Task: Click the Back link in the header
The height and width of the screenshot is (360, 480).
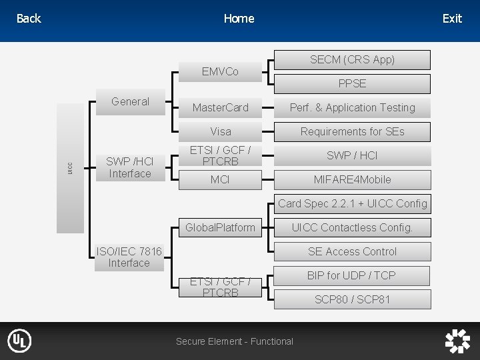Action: click(x=29, y=19)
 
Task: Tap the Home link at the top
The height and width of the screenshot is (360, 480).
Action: click(x=239, y=19)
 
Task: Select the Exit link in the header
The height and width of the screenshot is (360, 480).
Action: click(x=452, y=19)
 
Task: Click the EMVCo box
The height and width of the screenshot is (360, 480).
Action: click(x=220, y=71)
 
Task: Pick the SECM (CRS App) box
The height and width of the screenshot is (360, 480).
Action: click(x=352, y=59)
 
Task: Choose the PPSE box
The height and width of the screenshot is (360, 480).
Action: click(x=352, y=83)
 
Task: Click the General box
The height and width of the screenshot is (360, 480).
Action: click(x=130, y=102)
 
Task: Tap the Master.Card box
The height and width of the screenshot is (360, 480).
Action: click(x=220, y=107)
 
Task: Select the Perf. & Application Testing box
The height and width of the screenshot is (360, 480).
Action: click(x=352, y=107)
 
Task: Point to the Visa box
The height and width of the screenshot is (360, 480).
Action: click(x=220, y=131)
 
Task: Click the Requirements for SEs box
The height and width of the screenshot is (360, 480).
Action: click(x=352, y=131)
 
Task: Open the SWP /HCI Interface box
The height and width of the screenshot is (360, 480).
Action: click(x=130, y=167)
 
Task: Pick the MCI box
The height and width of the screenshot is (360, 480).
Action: click(x=220, y=179)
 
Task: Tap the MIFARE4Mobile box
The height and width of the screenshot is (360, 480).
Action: click(x=352, y=179)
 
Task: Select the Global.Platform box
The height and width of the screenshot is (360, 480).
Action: click(x=220, y=227)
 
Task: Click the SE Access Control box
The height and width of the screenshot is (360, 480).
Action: click(x=352, y=251)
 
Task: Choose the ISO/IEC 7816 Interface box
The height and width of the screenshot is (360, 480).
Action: click(x=129, y=257)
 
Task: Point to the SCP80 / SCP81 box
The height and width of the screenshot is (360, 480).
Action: click(x=352, y=299)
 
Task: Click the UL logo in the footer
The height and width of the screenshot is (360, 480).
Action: click(x=19, y=341)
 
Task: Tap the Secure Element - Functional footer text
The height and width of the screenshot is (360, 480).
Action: click(x=234, y=341)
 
